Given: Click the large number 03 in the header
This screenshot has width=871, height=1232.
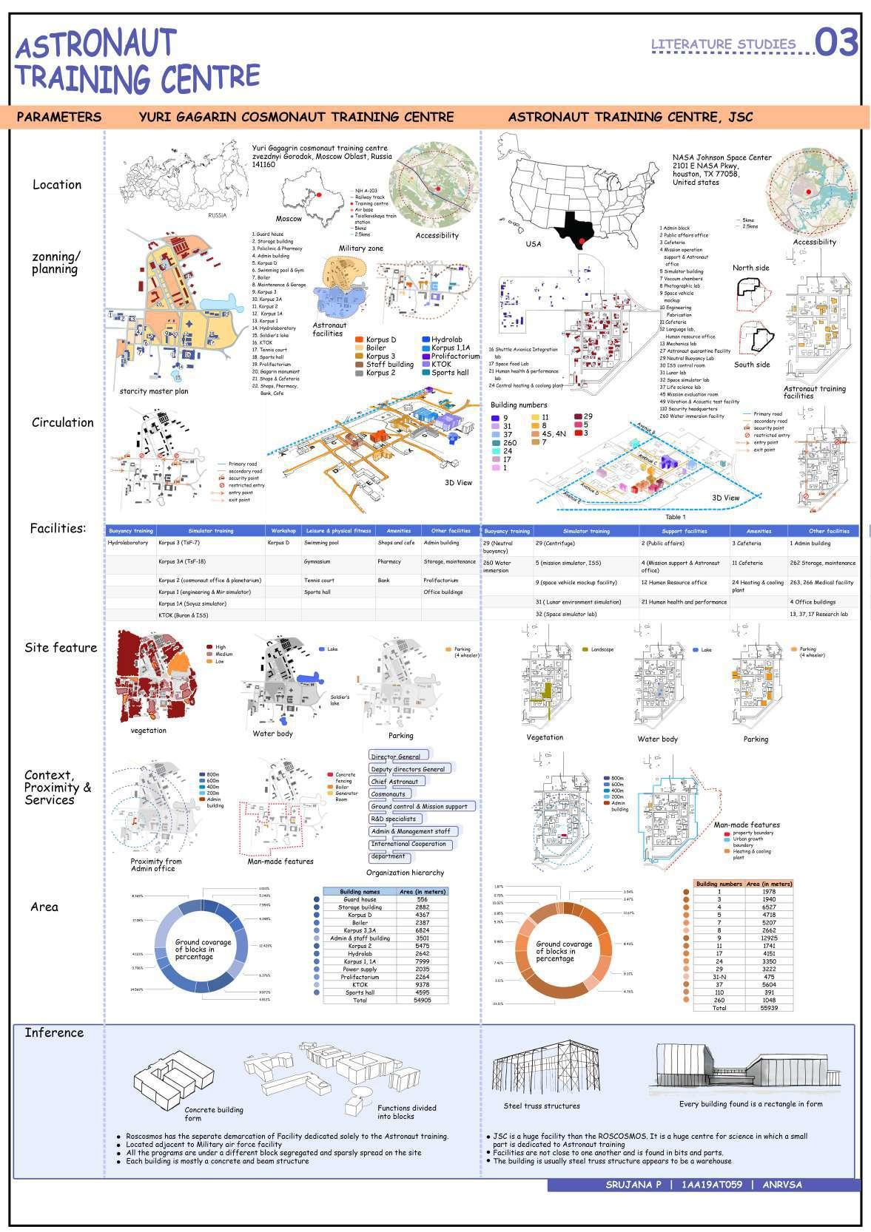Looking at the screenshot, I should [x=836, y=43].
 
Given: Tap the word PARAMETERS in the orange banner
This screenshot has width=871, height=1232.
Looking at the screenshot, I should [x=59, y=117].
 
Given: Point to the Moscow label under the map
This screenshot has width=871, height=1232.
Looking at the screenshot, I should [x=289, y=219].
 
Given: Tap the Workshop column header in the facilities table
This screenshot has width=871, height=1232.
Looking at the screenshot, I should [x=283, y=531].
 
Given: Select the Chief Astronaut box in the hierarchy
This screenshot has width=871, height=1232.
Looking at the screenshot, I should [x=394, y=782].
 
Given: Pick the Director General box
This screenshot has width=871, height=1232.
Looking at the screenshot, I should [x=395, y=757].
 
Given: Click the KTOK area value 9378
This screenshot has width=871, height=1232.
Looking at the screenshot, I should [x=422, y=985].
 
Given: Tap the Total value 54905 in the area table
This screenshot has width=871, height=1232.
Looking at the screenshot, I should [x=422, y=1000].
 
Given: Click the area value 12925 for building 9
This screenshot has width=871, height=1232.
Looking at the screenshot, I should [x=769, y=938].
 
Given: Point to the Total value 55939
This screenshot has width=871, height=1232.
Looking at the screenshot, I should [x=769, y=1008].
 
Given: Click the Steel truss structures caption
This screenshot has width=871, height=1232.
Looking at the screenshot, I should [x=542, y=1106].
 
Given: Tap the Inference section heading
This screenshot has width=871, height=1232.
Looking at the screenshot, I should [x=54, y=1033].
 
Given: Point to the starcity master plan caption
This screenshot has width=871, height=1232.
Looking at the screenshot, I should [x=154, y=391].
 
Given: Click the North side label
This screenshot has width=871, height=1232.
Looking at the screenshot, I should [x=750, y=268].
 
